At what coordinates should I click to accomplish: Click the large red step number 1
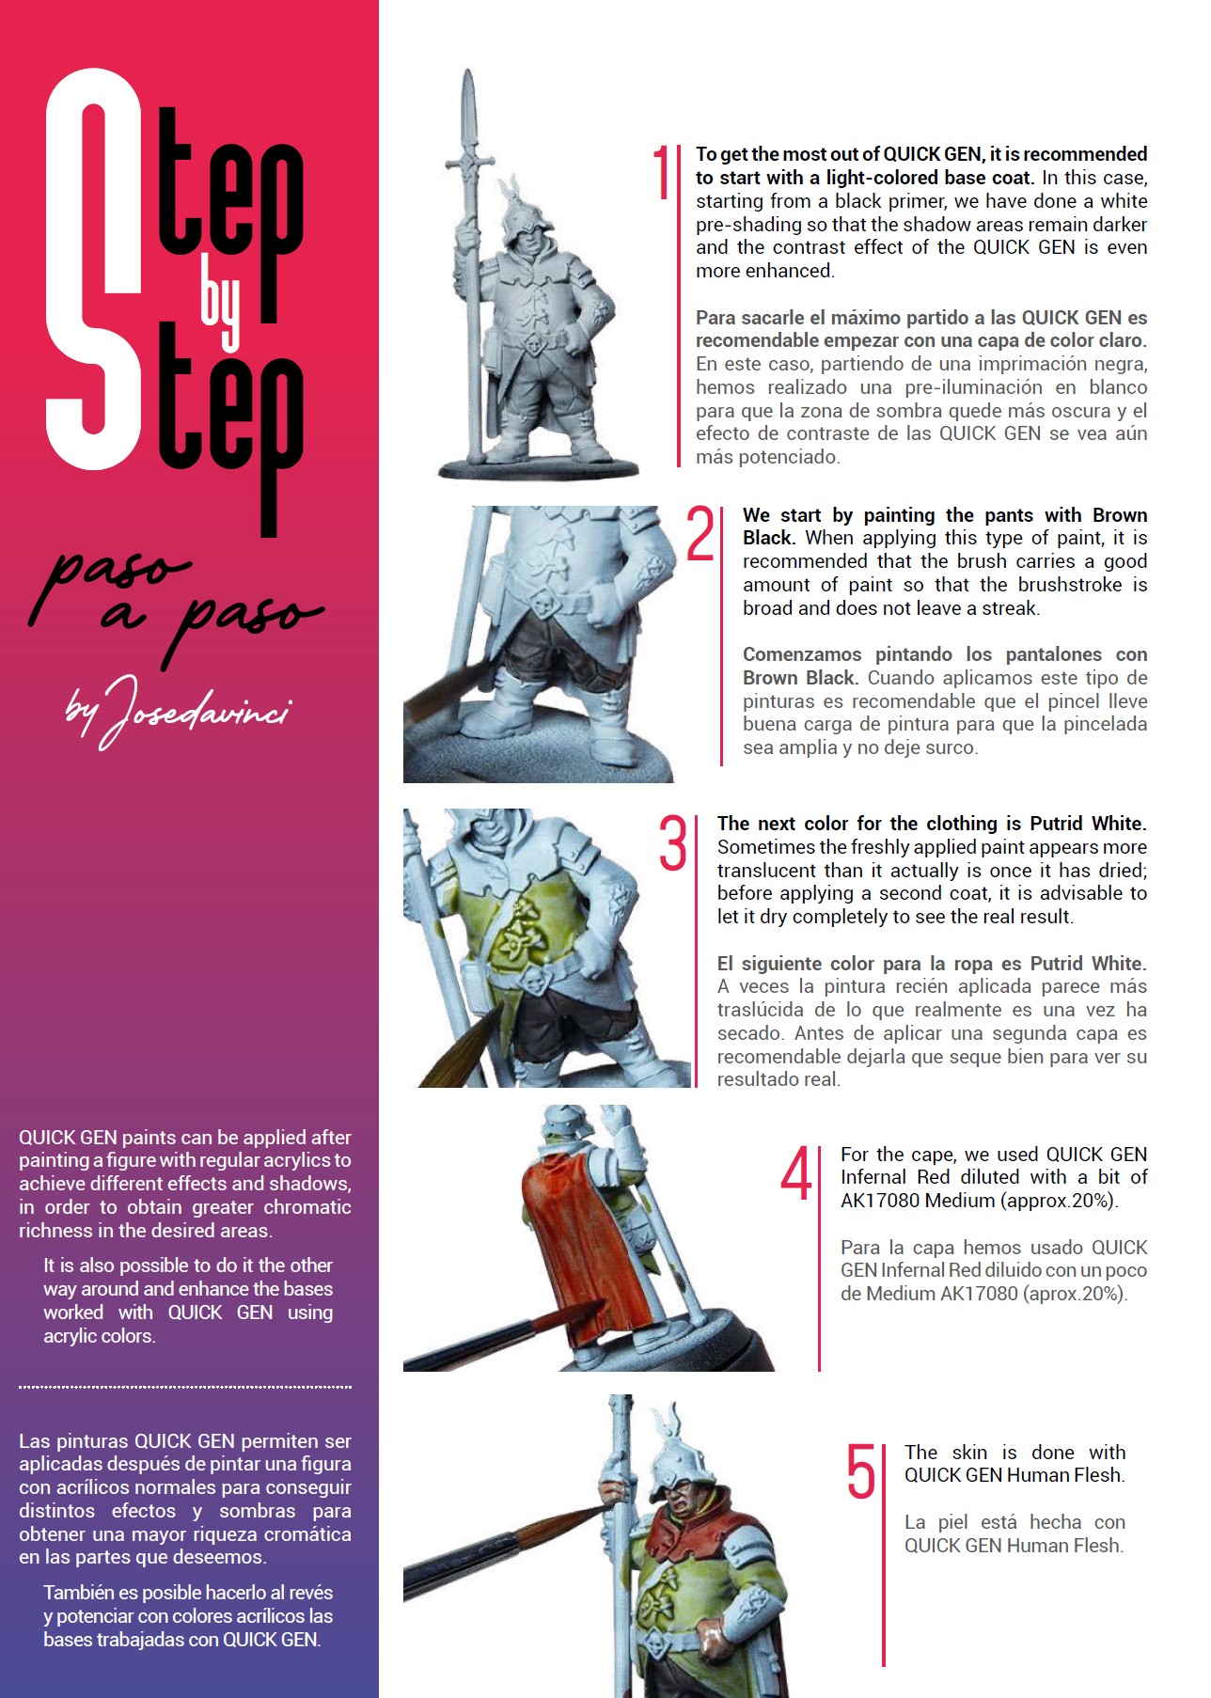pyautogui.click(x=662, y=172)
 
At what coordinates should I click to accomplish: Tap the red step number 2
pyautogui.click(x=700, y=533)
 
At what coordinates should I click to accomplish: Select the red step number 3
pyautogui.click(x=673, y=842)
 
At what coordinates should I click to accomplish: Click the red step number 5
pyautogui.click(x=861, y=1471)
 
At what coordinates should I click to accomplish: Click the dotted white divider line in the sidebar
pyautogui.click(x=185, y=1387)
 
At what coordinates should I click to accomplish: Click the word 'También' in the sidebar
pyautogui.click(x=82, y=1593)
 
